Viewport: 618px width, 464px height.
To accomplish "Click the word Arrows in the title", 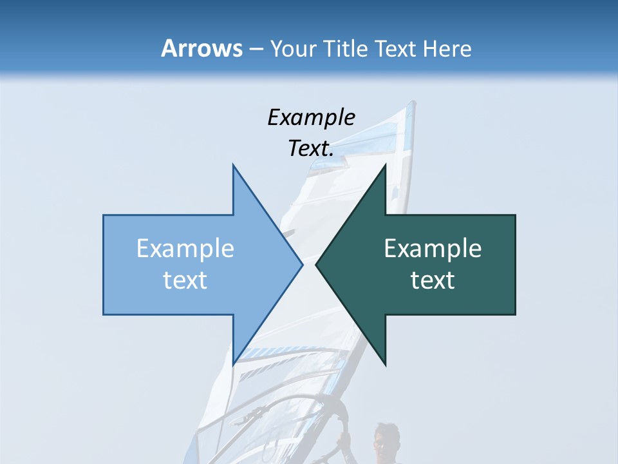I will [x=201, y=49].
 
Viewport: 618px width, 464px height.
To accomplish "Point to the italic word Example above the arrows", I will [x=311, y=118].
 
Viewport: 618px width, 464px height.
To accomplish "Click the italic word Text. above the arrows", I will [x=311, y=149].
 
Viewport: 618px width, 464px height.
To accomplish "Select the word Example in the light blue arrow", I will [x=185, y=249].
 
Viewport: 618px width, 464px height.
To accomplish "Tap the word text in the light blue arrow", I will [x=185, y=280].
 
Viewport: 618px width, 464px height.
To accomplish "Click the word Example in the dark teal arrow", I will [x=433, y=249].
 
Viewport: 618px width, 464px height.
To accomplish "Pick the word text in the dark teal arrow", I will [x=433, y=280].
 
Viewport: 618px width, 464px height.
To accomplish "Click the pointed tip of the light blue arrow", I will [x=303, y=264].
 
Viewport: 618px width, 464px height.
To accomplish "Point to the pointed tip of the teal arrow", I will [x=315, y=264].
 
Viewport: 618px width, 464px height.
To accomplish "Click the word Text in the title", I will [x=395, y=49].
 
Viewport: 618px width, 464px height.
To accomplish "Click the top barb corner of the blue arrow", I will [x=233, y=165].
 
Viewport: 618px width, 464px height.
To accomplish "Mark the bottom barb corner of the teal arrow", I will [x=386, y=365].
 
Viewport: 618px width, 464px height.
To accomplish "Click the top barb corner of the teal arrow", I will [x=386, y=165].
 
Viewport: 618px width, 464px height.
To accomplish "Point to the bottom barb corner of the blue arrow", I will [x=233, y=365].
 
